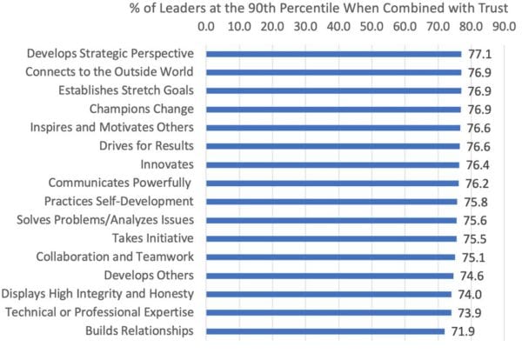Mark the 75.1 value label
coord(470,257)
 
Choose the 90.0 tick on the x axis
coord(502,27)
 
